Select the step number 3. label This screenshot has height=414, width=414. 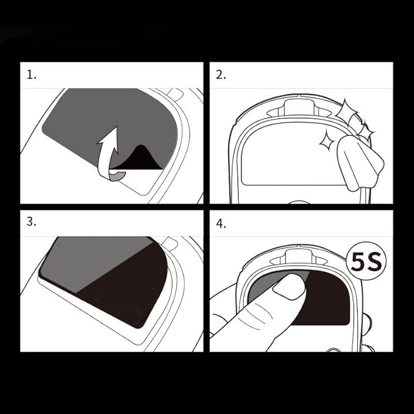click(x=32, y=222)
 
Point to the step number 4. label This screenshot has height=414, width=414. click(x=221, y=223)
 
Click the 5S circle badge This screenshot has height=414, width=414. click(x=366, y=262)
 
